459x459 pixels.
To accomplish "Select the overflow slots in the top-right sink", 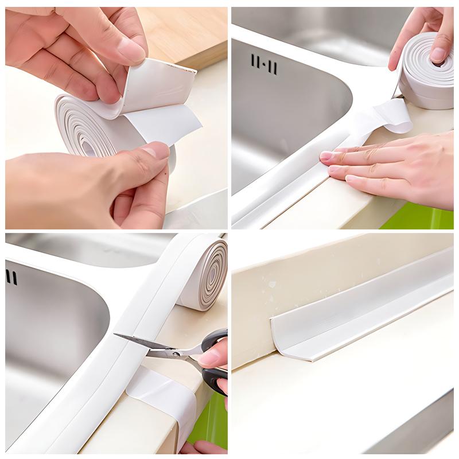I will coord(264,65).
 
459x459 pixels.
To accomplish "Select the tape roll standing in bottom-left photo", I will coord(204,275).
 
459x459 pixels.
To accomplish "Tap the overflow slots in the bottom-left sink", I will coord(11,277).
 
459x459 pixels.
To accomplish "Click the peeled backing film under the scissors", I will coord(161,396).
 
